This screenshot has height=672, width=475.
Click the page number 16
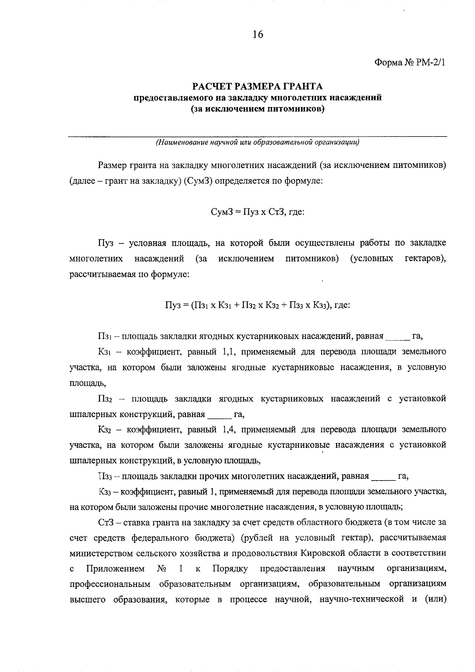257,35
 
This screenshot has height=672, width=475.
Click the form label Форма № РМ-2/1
410,63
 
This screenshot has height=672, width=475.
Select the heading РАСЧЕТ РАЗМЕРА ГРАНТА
257,86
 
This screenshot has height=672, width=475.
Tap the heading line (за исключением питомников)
257,109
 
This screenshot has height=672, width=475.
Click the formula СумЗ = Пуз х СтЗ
257,212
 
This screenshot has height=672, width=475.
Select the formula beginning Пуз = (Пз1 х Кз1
257,305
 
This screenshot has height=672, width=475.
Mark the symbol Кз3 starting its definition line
105,492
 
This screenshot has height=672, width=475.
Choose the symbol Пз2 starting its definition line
106,399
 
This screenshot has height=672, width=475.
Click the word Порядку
230,569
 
